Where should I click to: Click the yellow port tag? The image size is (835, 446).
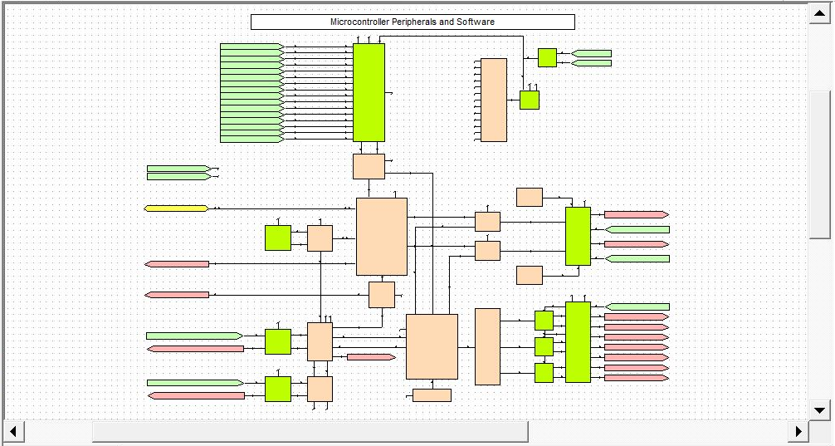coord(176,208)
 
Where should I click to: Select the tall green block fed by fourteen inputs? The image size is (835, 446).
coord(369,92)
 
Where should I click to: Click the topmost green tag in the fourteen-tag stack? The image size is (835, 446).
coord(251,47)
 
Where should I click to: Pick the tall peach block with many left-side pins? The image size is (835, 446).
coord(494,100)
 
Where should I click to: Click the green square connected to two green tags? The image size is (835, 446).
coord(547,57)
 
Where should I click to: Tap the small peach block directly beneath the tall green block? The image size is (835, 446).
coord(369,166)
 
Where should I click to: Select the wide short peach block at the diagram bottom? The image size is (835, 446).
coord(432,395)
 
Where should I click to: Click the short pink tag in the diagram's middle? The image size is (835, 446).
coord(370,357)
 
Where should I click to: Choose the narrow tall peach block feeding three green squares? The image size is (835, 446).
coord(487,346)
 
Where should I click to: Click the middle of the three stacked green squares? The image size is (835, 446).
coord(544,346)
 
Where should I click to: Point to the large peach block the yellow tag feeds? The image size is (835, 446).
coord(382,237)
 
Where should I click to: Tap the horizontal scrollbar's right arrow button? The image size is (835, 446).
coord(798,431)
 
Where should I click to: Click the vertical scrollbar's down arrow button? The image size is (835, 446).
coord(820,409)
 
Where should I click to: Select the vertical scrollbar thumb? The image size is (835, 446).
coord(820,163)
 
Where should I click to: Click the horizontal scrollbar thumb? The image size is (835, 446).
coord(310,431)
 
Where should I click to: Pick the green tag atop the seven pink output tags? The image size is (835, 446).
coord(637,306)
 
